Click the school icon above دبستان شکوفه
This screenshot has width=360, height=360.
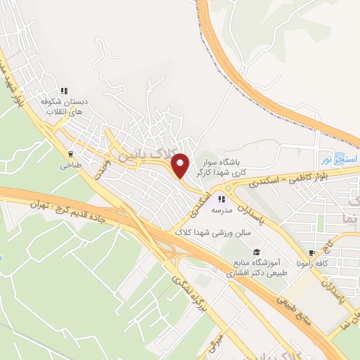pos(63,91)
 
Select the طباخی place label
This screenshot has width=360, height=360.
pos(70,166)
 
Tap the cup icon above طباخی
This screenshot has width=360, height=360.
pos(70,153)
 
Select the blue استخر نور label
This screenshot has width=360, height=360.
pos(340,160)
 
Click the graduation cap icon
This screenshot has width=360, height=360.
pos(257,252)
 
